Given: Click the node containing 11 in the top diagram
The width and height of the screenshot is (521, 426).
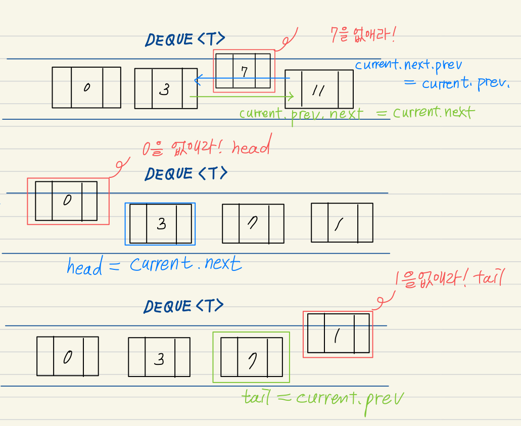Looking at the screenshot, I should [x=319, y=89].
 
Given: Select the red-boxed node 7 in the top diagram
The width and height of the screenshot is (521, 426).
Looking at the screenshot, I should [x=244, y=71].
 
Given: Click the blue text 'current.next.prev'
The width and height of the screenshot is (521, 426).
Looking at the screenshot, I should [x=408, y=65].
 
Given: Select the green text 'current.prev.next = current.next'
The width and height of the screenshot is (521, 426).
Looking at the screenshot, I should [x=356, y=113].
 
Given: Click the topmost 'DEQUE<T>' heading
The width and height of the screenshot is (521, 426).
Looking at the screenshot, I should [x=185, y=39].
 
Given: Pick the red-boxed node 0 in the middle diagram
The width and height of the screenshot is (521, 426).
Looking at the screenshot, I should [x=66, y=201].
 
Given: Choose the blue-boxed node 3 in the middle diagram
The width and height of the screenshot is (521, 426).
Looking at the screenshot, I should [x=161, y=223].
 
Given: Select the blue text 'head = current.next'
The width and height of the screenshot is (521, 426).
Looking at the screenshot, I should [x=154, y=265].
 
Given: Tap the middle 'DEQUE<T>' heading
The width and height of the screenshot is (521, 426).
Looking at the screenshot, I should [x=186, y=174].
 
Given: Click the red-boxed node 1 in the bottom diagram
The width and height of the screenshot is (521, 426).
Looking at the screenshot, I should [x=338, y=334].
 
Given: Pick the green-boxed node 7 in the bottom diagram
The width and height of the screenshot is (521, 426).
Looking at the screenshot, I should [x=251, y=357].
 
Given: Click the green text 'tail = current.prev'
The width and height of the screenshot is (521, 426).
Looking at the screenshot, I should [x=323, y=398].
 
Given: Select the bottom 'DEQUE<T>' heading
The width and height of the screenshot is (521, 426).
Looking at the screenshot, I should [x=184, y=306].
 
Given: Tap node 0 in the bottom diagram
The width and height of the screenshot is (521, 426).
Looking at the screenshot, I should [x=67, y=356].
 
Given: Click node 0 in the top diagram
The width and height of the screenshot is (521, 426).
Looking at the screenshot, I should [x=86, y=87].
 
